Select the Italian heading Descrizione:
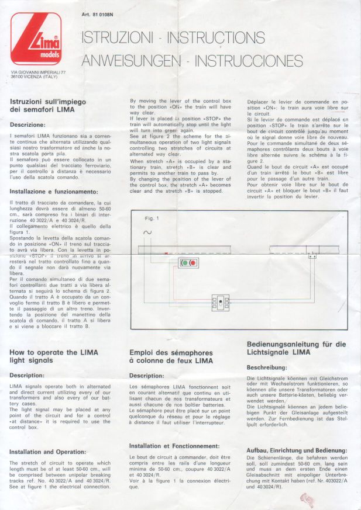pyautogui.click(x=27, y=125)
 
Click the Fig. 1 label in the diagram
pyautogui.click(x=152, y=218)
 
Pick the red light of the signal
pyautogui.click(x=193, y=263)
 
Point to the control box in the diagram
pyautogui.click(x=222, y=303)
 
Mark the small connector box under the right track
pyautogui.click(x=312, y=255)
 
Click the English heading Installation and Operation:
pyautogui.click(x=49, y=452)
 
